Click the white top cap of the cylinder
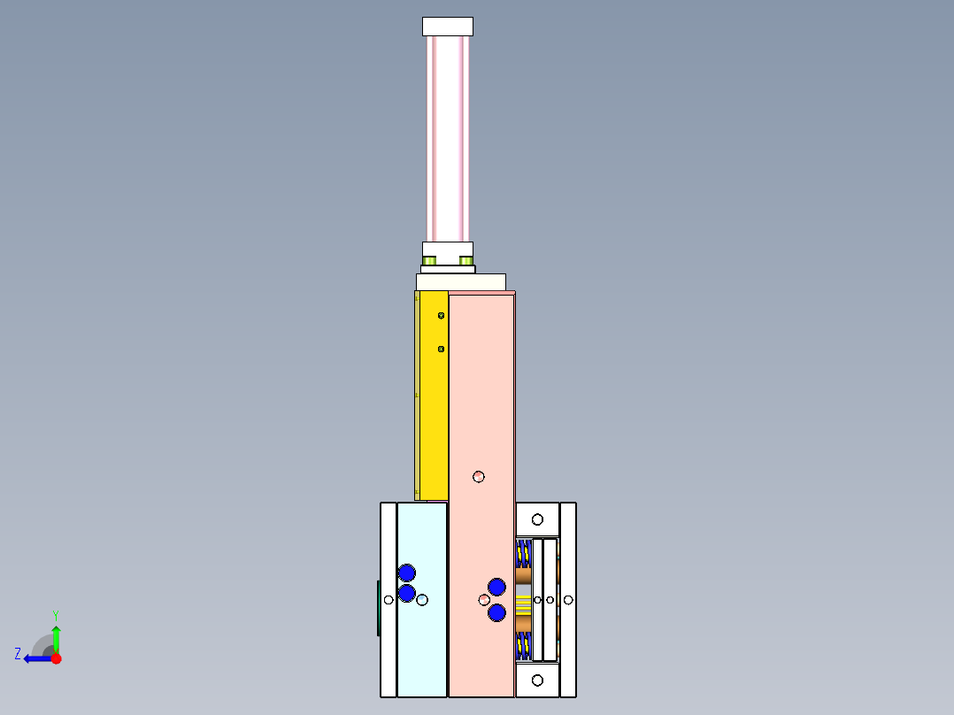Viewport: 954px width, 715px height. [x=447, y=27]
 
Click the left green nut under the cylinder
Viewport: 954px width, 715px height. [x=430, y=260]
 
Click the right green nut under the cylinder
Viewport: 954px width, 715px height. [x=465, y=260]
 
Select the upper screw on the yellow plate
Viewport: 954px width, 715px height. [x=441, y=315]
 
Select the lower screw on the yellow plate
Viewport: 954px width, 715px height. [x=441, y=349]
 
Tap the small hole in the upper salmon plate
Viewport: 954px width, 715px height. [x=479, y=476]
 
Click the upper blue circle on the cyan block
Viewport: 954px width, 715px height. [x=407, y=573]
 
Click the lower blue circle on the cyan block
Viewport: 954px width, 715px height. [x=407, y=593]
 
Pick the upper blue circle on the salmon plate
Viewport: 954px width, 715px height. [x=496, y=586]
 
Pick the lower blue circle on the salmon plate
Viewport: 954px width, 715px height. [x=496, y=611]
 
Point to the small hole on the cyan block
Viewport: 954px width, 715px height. [x=422, y=600]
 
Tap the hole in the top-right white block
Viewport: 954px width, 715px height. [x=537, y=519]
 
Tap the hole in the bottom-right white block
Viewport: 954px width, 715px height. [x=537, y=680]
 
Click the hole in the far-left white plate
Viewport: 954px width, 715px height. [x=389, y=600]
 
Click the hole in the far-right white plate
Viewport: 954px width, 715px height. [x=568, y=600]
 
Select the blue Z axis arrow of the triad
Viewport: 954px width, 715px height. [x=34, y=658]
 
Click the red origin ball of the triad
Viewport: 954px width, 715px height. [x=56, y=658]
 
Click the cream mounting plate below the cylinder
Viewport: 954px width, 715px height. [x=460, y=281]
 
